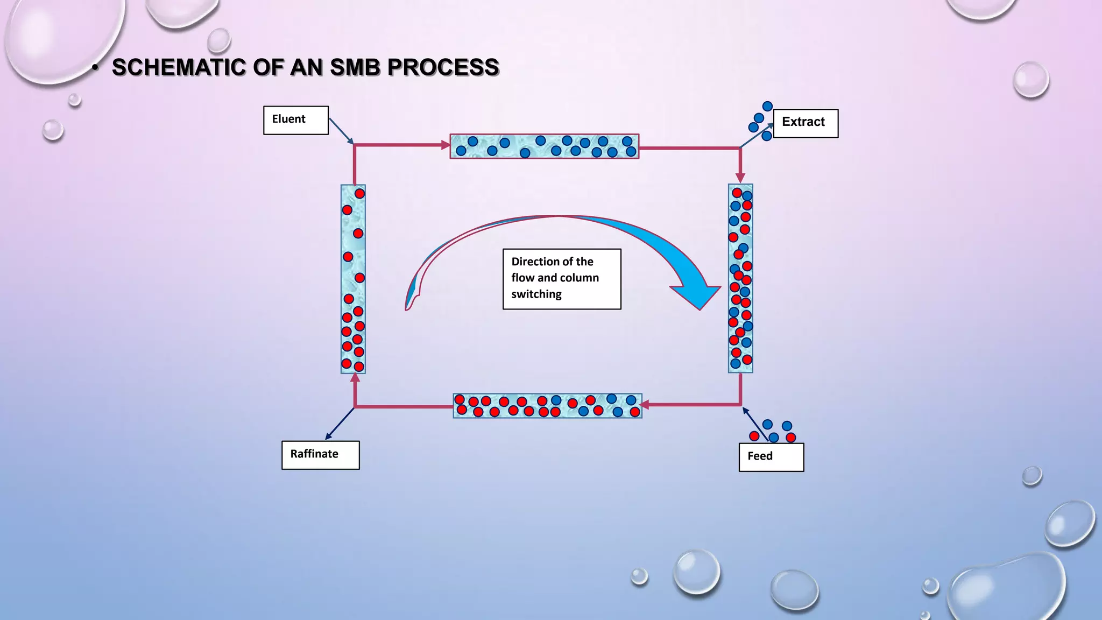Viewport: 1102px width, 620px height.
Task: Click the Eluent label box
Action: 295,120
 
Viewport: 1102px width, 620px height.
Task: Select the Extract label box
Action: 805,123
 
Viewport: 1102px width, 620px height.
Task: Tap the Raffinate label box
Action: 320,455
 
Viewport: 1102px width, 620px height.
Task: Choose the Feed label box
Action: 771,457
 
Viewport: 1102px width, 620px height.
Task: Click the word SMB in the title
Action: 355,67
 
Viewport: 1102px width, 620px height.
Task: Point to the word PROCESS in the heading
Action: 443,67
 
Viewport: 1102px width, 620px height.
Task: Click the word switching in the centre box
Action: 536,294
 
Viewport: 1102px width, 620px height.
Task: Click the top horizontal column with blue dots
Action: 544,146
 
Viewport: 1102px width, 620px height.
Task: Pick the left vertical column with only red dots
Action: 353,279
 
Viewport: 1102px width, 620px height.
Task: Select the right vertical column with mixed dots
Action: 740,278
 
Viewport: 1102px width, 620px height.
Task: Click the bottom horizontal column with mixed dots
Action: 547,406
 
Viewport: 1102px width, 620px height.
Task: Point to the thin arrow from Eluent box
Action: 341,131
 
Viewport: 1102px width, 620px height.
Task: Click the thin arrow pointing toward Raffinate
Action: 340,424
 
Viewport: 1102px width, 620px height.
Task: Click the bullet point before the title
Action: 95,68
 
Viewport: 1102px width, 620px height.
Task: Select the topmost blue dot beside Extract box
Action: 768,107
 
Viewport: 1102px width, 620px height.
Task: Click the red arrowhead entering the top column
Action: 445,145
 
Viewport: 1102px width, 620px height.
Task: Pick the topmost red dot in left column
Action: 360,194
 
